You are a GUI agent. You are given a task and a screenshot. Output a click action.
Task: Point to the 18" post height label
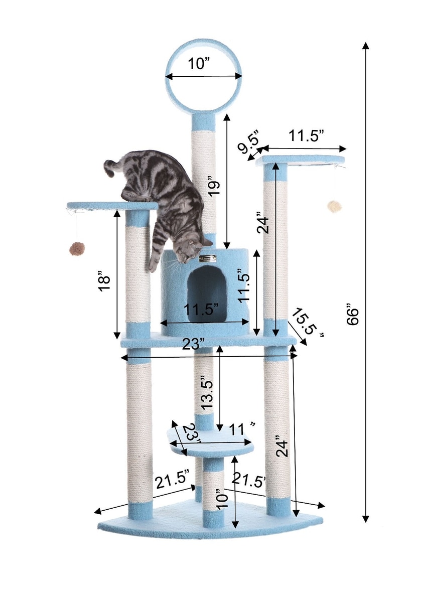[104, 283]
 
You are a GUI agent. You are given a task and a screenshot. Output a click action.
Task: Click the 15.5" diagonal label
[307, 323]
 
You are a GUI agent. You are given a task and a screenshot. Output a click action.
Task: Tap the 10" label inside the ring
[199, 64]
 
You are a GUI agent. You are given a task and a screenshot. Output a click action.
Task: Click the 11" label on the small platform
[242, 430]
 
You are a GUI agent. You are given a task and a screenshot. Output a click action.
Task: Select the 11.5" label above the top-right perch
[307, 136]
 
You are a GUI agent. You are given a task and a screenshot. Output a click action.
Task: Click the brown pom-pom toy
[77, 249]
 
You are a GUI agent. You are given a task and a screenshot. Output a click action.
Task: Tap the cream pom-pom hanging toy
[334, 206]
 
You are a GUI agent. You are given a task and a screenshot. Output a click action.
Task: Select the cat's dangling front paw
[153, 264]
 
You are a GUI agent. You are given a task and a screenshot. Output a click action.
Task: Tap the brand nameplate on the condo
[207, 259]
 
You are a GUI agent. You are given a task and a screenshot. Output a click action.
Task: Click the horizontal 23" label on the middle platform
[194, 344]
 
